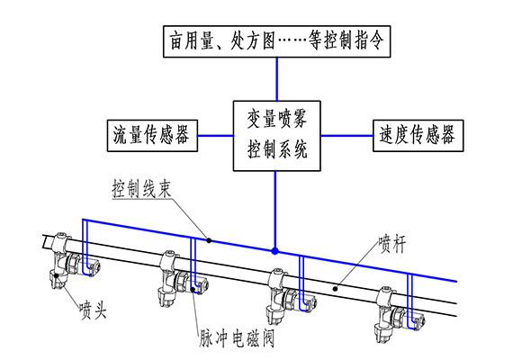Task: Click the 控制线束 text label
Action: [141, 190]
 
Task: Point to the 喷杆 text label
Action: [392, 245]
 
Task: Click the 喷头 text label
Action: [93, 310]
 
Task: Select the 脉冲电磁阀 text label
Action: [237, 338]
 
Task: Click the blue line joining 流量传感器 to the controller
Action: [215, 136]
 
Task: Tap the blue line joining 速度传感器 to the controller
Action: [346, 136]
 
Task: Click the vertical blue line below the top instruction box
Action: [276, 79]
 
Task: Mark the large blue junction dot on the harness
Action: [274, 251]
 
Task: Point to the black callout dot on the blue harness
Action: [209, 240]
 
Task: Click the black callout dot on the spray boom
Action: [336, 288]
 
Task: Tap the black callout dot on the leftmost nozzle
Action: [57, 275]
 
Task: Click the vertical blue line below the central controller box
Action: [275, 211]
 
